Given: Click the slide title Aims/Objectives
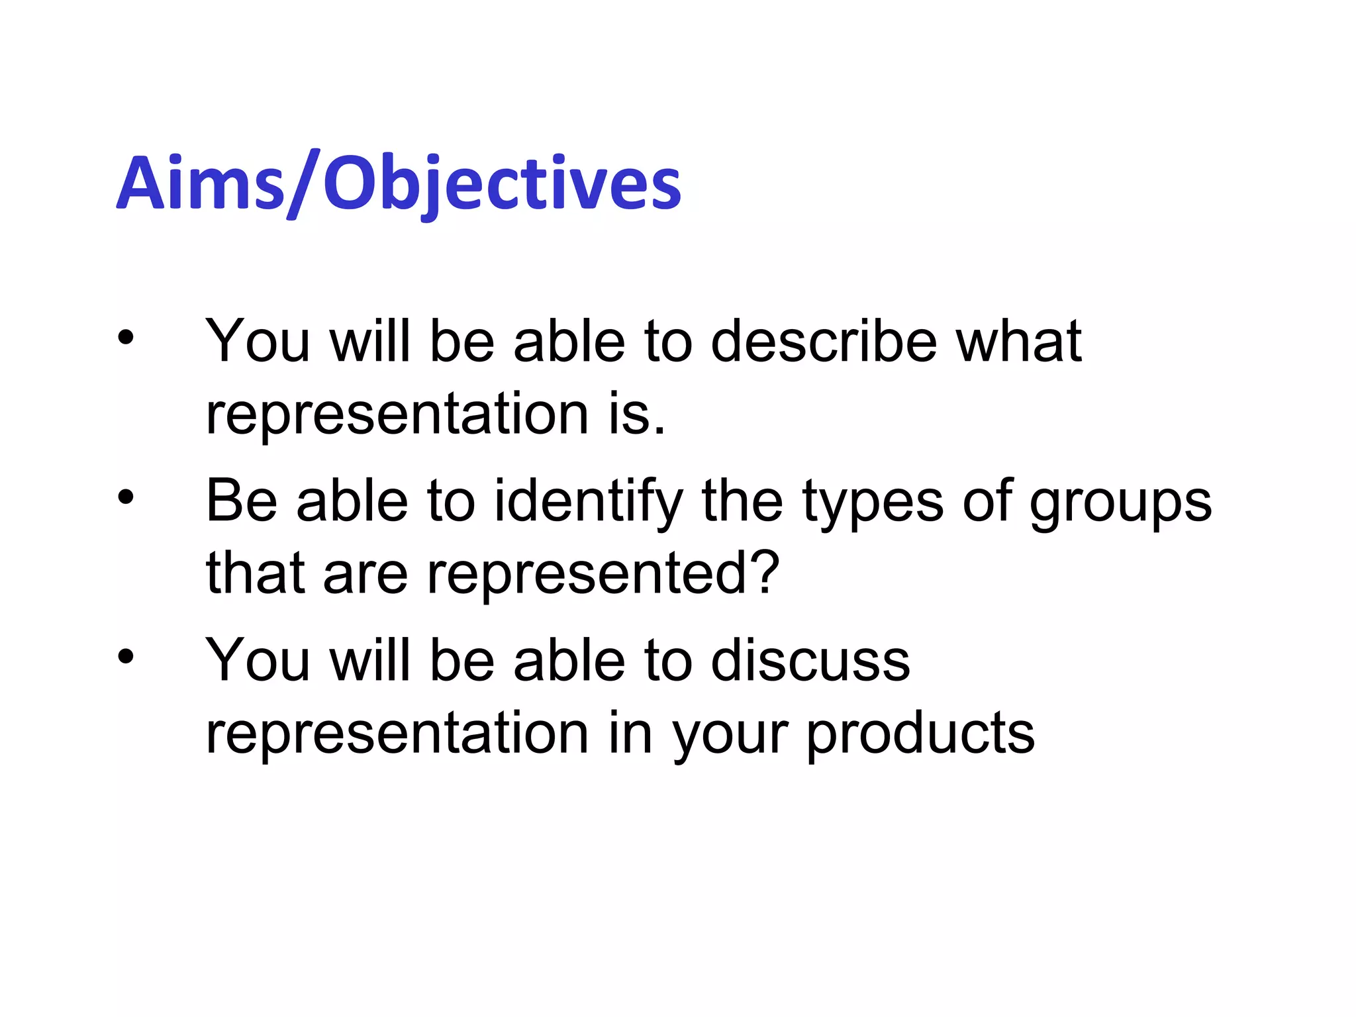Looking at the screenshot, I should pyautogui.click(x=399, y=183).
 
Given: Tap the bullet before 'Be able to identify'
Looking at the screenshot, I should pyautogui.click(x=126, y=497).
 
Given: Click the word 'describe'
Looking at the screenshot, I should pyautogui.click(x=824, y=342).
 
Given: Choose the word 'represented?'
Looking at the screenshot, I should pyautogui.click(x=603, y=574).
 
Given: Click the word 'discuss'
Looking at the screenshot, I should pyautogui.click(x=810, y=661).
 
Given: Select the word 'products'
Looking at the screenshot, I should pyautogui.click(x=920, y=735).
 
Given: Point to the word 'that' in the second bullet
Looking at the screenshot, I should pyautogui.click(x=256, y=573).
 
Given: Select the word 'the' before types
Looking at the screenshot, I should pyautogui.click(x=742, y=501).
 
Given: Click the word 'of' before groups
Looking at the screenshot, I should pyautogui.click(x=987, y=501).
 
